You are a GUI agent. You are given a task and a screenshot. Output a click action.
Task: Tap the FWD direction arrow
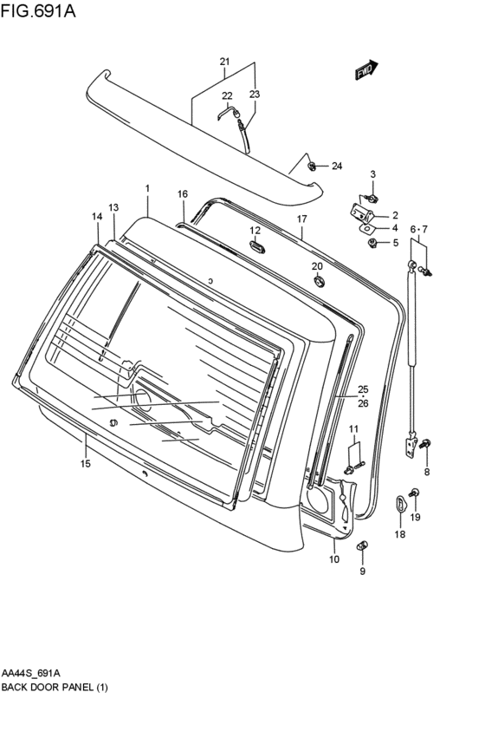(x=365, y=71)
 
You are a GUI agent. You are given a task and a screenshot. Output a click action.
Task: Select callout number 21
(x=224, y=62)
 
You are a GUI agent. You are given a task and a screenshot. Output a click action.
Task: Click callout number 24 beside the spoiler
(x=337, y=166)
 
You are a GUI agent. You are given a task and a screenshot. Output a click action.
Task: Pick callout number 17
(x=302, y=219)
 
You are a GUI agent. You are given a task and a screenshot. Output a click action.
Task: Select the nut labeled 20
(x=317, y=280)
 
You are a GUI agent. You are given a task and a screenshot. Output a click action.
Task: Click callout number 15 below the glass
(x=85, y=464)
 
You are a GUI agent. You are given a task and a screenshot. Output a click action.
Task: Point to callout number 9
(x=362, y=571)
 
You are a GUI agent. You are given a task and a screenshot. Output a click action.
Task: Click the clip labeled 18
(x=400, y=503)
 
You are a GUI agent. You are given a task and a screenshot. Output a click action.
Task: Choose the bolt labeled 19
(x=416, y=494)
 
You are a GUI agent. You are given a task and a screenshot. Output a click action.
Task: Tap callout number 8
(x=426, y=472)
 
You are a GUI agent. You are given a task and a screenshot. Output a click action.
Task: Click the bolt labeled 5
(x=372, y=244)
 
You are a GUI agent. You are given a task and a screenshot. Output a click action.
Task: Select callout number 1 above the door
(x=147, y=188)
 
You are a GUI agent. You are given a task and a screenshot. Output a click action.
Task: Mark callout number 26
(x=363, y=402)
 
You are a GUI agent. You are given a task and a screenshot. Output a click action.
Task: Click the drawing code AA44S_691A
(x=31, y=673)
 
